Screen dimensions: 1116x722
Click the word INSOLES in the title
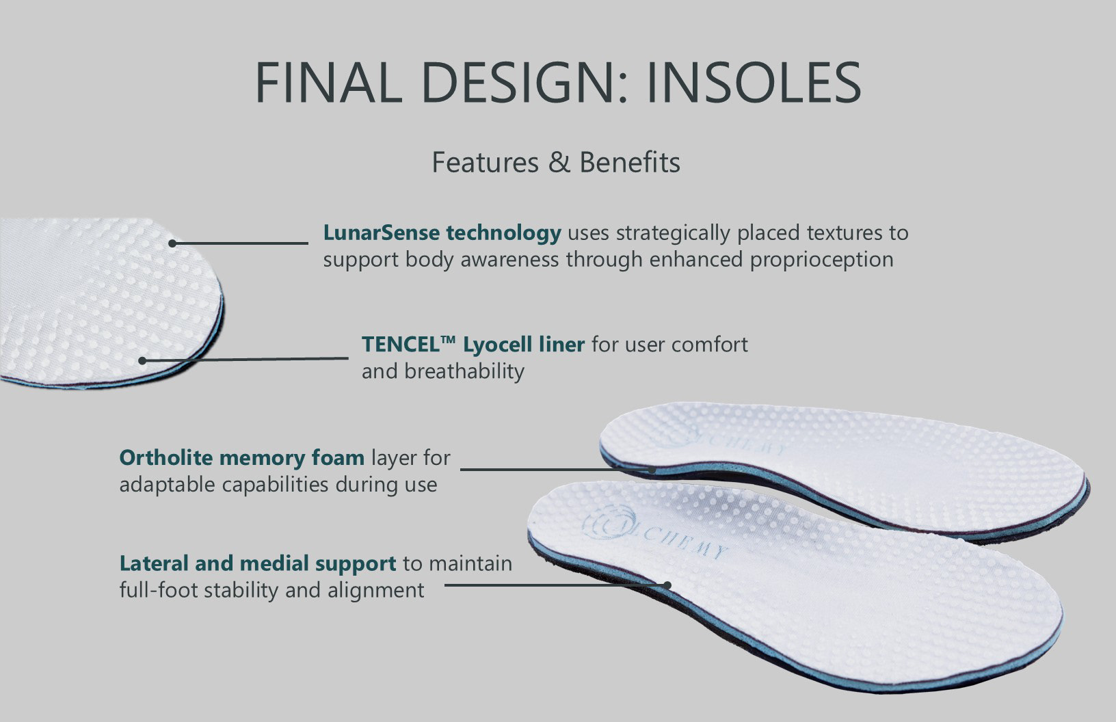(x=754, y=82)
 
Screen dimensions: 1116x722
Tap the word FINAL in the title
(x=328, y=82)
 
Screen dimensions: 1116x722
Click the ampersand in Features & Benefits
(x=559, y=163)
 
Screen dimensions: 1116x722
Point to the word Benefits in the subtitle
(x=630, y=163)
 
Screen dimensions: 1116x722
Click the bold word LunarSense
(x=381, y=232)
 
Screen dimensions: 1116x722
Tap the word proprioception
(x=821, y=260)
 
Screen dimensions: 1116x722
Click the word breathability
(x=464, y=372)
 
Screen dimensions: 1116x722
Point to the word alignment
(x=375, y=591)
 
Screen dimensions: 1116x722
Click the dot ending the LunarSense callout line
(x=172, y=243)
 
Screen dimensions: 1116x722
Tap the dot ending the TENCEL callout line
(x=142, y=360)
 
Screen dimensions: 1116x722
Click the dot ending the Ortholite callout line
(x=652, y=470)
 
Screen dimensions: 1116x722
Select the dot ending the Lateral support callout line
(x=667, y=585)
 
